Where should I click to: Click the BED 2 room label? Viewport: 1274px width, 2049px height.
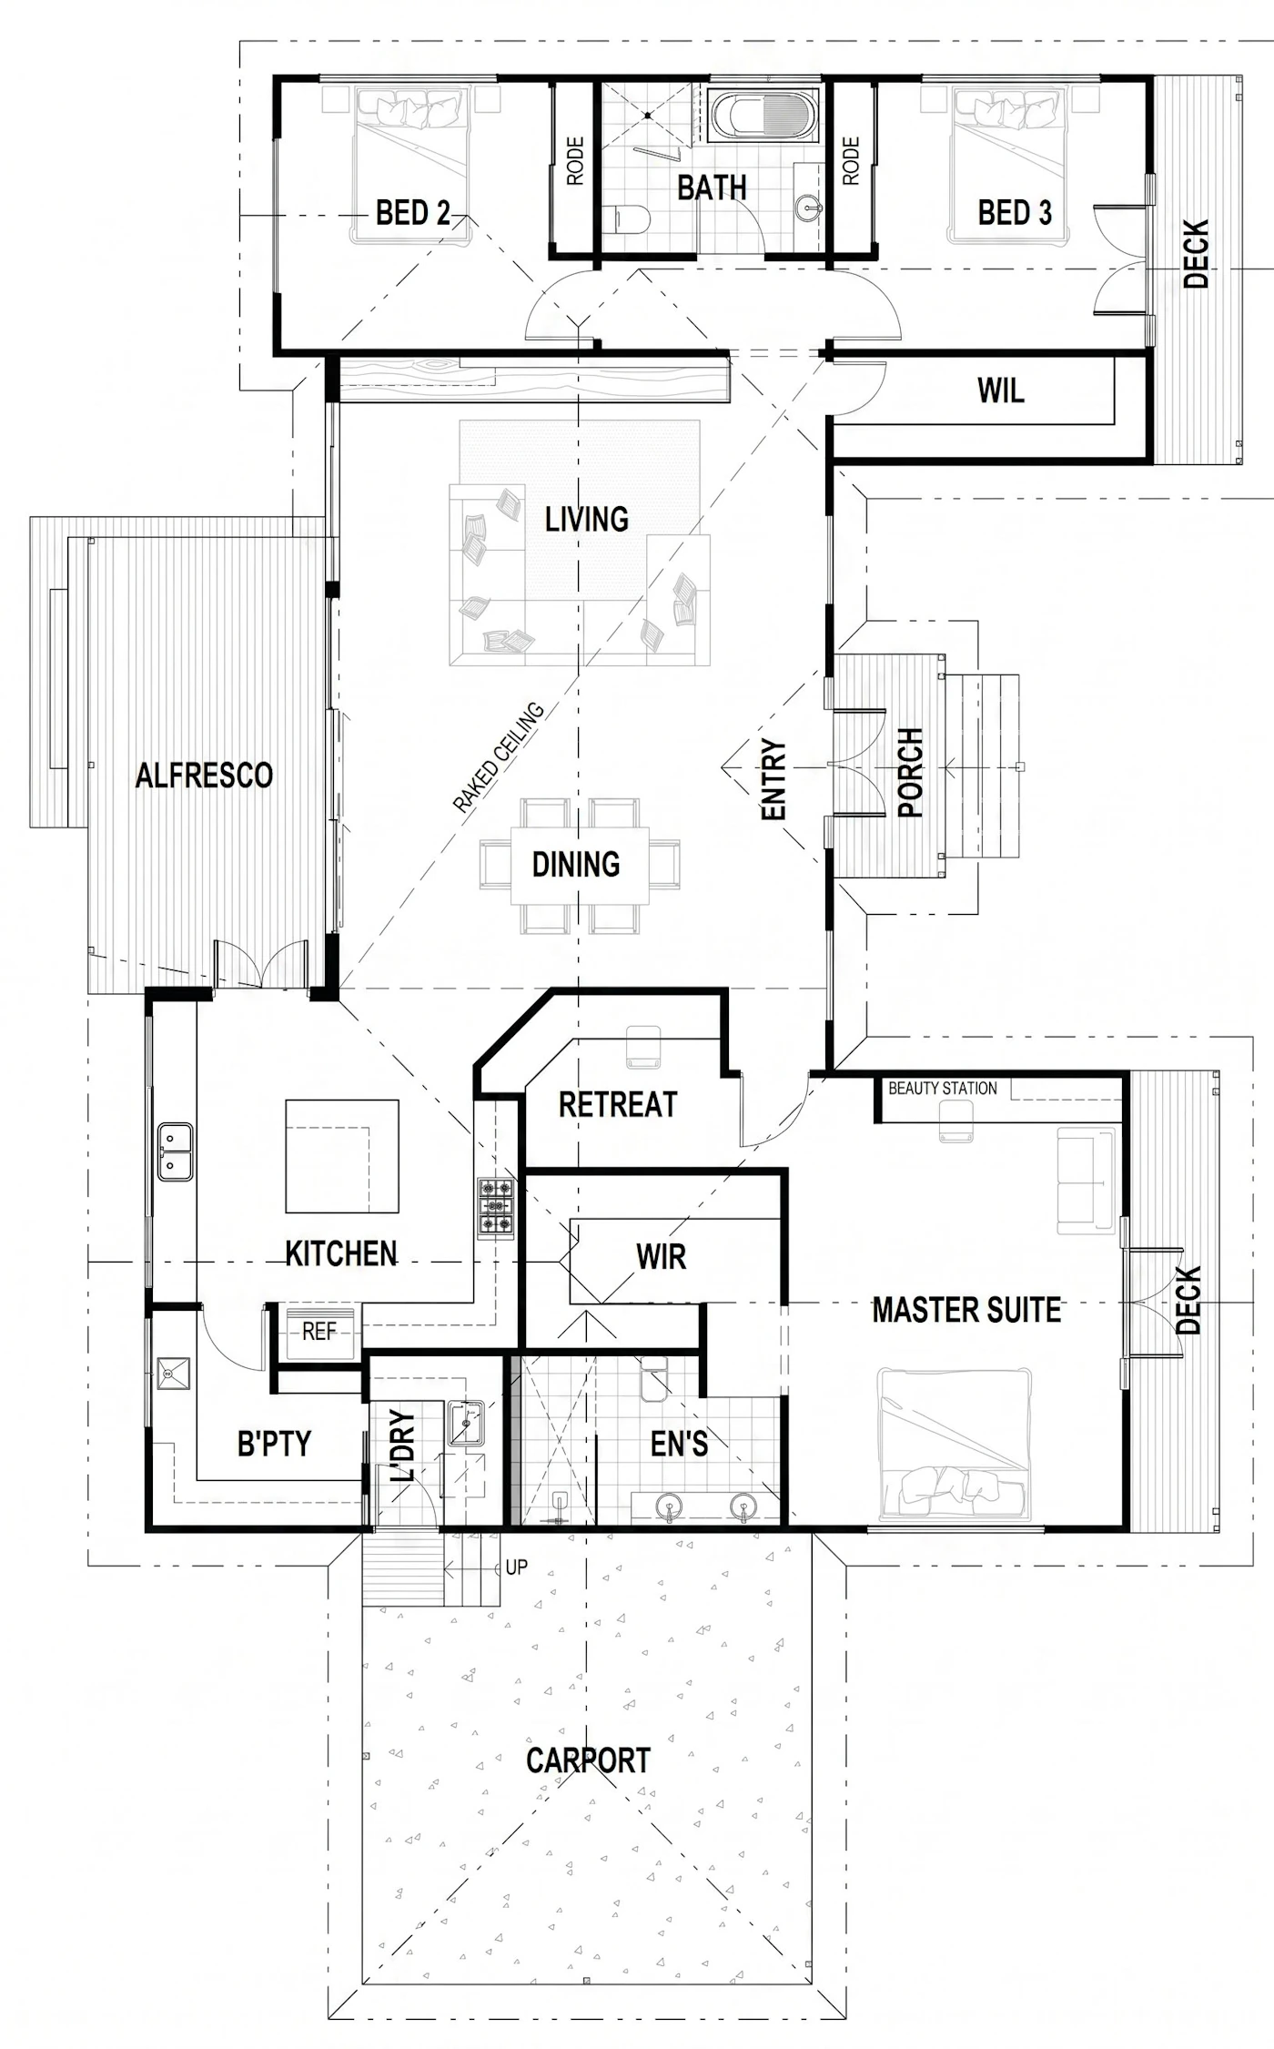413,213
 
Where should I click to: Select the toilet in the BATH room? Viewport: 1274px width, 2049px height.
626,218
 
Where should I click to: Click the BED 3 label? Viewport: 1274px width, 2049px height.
1015,212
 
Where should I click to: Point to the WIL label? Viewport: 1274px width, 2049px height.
1001,391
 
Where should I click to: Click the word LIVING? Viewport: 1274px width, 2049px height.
587,519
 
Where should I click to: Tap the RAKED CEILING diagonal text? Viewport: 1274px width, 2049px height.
499,756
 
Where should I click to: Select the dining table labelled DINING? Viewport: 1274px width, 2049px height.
580,865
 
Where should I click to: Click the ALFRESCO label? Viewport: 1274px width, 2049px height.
204,776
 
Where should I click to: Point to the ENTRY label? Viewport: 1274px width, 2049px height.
773,779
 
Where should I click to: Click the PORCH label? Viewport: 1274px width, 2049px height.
910,772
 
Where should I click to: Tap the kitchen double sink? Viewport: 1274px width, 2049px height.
175,1151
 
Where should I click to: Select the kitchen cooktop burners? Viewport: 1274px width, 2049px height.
496,1208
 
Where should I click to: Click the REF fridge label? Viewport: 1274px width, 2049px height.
319,1333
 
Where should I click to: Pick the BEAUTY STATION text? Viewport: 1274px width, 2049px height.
942,1088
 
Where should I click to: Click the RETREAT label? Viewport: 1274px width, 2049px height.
618,1105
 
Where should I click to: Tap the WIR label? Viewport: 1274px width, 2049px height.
662,1257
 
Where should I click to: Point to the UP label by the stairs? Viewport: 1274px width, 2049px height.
517,1567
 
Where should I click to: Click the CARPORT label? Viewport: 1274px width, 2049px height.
588,1760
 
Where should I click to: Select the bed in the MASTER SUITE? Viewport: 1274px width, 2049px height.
955,1445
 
